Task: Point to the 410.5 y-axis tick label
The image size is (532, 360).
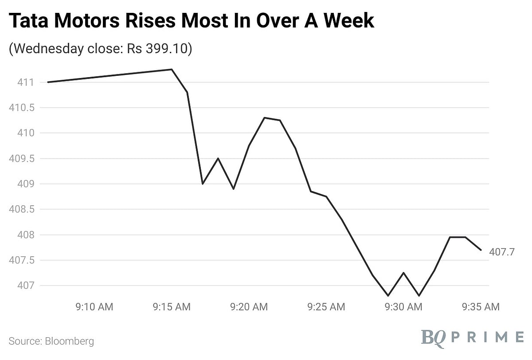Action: point(22,108)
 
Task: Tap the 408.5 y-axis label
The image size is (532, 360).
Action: point(22,209)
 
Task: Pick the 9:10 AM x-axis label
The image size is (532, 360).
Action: point(94,307)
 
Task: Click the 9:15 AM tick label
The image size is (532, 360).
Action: point(172,307)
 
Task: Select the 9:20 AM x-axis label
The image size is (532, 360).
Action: point(249,307)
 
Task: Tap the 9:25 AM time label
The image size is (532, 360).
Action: point(326,307)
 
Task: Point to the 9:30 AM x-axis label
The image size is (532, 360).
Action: point(403,307)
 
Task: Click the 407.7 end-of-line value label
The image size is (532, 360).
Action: point(502,252)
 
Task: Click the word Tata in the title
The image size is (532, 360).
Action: point(29,21)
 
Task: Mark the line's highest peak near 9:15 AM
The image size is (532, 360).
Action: point(172,69)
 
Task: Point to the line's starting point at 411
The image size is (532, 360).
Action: point(48,82)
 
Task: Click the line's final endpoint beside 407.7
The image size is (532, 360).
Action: point(481,250)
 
